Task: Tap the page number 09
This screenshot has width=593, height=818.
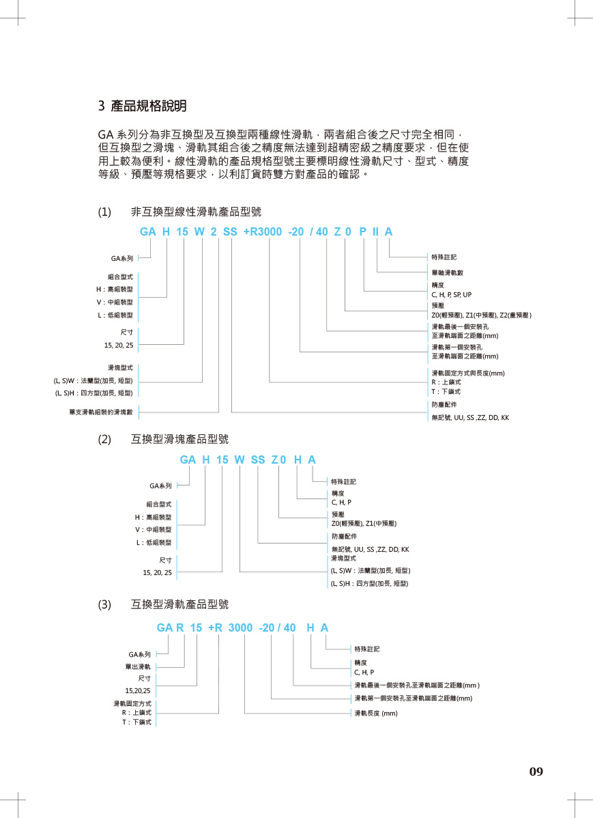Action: pyautogui.click(x=536, y=772)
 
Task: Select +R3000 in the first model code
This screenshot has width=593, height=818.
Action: pyautogui.click(x=263, y=231)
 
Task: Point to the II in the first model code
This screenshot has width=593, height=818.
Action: pyautogui.click(x=375, y=231)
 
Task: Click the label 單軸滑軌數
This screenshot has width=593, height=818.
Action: pyautogui.click(x=448, y=272)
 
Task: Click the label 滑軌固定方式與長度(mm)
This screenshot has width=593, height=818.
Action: pyautogui.click(x=467, y=373)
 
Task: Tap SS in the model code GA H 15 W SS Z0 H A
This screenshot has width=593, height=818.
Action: pyautogui.click(x=258, y=460)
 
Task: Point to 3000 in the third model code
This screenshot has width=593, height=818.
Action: pyautogui.click(x=240, y=627)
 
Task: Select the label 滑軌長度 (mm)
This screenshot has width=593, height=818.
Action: pyautogui.click(x=375, y=713)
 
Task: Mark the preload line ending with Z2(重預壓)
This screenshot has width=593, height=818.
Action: pyautogui.click(x=481, y=315)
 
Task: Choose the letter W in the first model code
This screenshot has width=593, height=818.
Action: pyautogui.click(x=199, y=231)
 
